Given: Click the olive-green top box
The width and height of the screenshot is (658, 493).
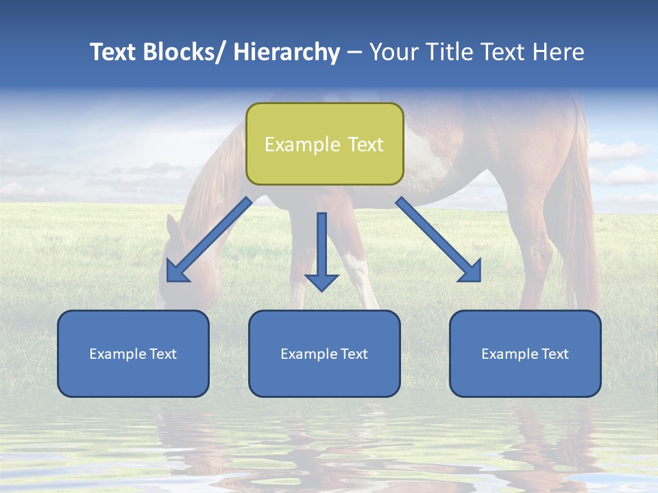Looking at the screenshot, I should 324,144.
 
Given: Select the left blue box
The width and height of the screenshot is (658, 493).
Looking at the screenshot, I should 133,353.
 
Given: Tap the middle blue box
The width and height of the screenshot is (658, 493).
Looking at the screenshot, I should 324,353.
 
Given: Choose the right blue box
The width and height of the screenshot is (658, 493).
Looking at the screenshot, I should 525,353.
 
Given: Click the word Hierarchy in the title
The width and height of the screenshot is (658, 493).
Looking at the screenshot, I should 287,52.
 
